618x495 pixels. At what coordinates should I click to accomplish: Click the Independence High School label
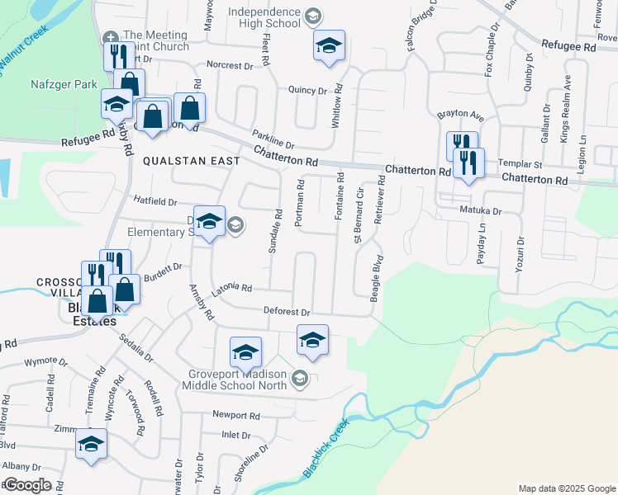coord(264,17)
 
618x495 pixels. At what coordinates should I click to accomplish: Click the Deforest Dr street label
coord(286,313)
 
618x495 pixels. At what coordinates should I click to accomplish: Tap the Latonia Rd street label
coord(231,287)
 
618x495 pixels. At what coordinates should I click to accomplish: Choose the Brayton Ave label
coord(460,115)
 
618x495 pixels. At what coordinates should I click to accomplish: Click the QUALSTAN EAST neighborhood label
coord(191,161)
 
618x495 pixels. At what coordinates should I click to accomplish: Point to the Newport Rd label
coord(235,415)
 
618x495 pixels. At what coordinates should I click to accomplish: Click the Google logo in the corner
coord(27,485)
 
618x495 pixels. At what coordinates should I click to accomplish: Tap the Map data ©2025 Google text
coord(566,488)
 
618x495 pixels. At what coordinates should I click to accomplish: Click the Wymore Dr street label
coord(46,361)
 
